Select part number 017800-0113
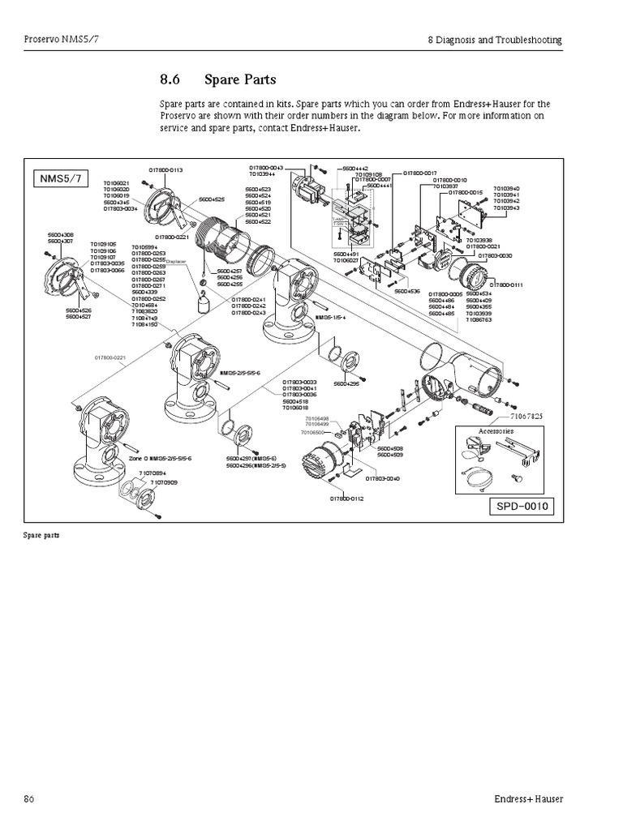tap(165, 169)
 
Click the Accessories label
tap(496, 431)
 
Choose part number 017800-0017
tap(421, 173)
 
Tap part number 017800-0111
tap(507, 285)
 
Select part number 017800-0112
tap(346, 498)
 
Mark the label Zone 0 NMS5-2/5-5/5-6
tap(160, 459)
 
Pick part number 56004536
tap(407, 290)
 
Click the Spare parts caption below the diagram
tap(41, 536)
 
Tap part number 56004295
tap(346, 383)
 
